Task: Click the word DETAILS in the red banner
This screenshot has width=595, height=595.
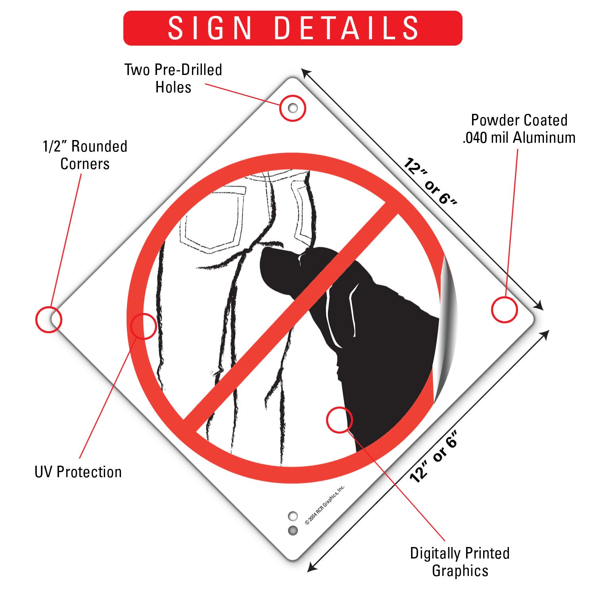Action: click(346, 28)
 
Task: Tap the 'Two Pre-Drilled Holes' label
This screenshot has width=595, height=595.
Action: click(173, 78)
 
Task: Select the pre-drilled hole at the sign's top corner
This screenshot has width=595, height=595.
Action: click(293, 108)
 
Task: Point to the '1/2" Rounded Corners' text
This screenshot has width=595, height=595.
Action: click(85, 155)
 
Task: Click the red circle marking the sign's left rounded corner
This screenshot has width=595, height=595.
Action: click(49, 319)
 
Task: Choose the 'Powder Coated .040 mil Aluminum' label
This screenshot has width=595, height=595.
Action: click(519, 129)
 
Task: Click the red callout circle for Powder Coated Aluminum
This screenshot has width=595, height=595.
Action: click(505, 309)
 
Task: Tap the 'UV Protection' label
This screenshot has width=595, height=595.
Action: click(78, 472)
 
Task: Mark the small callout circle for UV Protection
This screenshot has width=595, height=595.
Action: click(143, 326)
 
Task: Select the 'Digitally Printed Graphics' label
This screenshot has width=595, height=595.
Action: click(460, 562)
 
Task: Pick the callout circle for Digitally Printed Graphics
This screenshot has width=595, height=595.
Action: click(340, 420)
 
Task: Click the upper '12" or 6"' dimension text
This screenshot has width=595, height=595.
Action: click(430, 181)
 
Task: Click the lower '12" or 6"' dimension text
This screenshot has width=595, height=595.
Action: click(434, 456)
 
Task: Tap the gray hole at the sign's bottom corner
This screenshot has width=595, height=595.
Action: click(293, 530)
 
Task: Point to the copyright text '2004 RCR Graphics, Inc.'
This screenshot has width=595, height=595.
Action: click(325, 505)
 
